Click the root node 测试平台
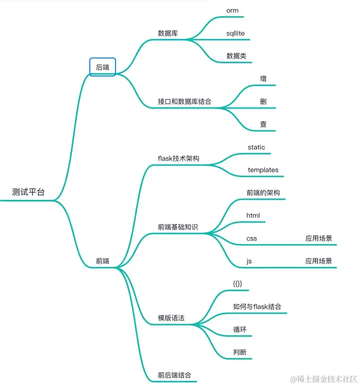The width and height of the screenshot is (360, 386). click(28, 192)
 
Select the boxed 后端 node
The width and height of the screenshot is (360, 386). click(102, 67)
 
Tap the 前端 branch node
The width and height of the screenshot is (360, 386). click(102, 261)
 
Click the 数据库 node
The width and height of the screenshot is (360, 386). click(169, 33)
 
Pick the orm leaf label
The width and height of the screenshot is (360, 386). click(232, 10)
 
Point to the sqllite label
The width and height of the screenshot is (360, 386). click(235, 33)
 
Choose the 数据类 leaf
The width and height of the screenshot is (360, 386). click(236, 56)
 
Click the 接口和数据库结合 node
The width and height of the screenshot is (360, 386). click(184, 101)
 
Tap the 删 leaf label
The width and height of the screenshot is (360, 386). click(263, 101)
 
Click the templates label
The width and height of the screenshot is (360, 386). click(263, 170)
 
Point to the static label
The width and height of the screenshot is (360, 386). click(256, 147)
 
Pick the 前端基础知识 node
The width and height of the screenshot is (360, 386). click(178, 227)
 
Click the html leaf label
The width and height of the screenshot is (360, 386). click(253, 215)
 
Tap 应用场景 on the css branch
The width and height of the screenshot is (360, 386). click(319, 238)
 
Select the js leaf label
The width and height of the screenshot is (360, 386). click(249, 261)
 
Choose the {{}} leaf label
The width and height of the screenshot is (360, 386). click(237, 284)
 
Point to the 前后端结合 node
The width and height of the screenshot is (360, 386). click(174, 375)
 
